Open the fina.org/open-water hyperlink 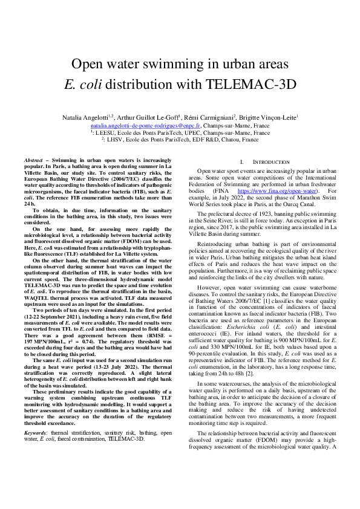272,191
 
